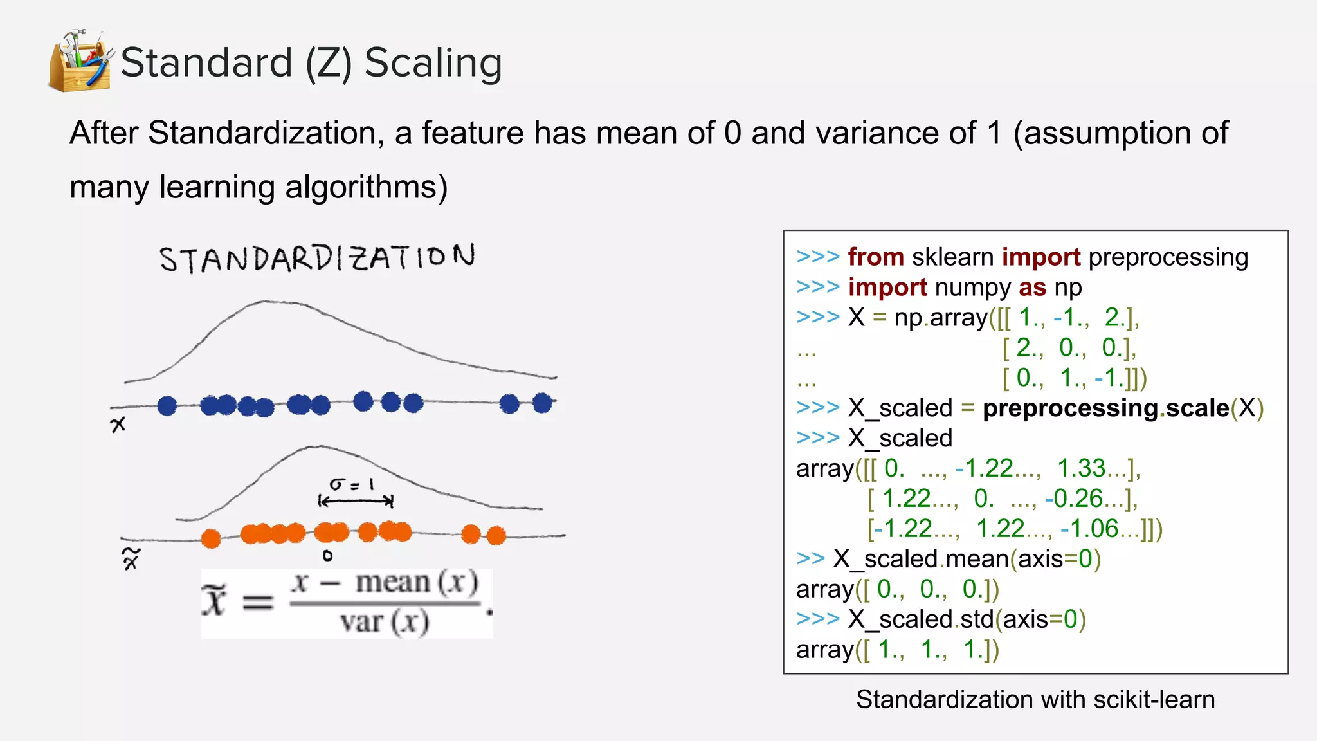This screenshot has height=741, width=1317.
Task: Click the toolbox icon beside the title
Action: point(80,60)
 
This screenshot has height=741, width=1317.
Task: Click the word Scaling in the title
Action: point(433,63)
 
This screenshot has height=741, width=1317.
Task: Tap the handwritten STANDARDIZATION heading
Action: point(317,259)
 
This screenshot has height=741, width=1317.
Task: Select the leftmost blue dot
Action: point(167,406)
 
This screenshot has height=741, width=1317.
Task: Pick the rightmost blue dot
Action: point(543,403)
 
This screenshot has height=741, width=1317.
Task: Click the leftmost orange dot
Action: point(211,538)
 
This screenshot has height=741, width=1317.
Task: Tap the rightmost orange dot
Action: point(496,535)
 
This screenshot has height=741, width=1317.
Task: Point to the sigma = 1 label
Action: point(351,484)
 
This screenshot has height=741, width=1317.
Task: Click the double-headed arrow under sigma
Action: point(356,500)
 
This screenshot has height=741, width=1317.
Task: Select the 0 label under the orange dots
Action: point(327,556)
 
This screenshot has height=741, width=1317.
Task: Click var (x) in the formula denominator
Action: point(384,622)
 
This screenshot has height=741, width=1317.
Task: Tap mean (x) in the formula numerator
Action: point(417,583)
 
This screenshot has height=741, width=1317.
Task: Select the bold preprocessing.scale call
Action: point(1106,408)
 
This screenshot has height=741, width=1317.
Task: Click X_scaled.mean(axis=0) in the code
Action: point(967,559)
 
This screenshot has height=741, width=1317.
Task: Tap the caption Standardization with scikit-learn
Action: point(1035,700)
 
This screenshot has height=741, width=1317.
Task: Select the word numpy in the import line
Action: point(972,288)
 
